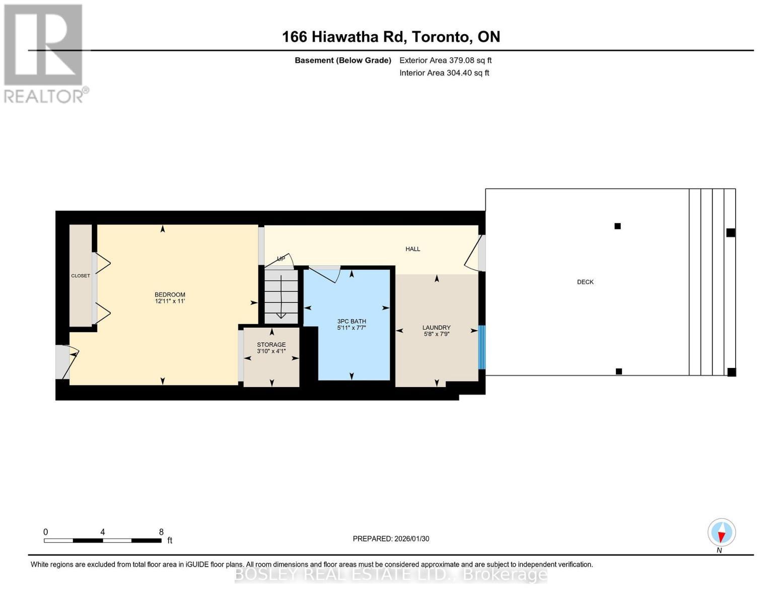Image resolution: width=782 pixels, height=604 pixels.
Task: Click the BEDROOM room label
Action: pos(170,294)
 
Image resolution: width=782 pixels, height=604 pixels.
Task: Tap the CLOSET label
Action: pos(81,276)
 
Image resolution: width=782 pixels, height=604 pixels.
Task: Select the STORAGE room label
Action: pos(271,345)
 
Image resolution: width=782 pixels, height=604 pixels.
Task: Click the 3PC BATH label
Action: pos(351,321)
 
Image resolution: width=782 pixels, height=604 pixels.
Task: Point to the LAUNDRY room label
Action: pos(436,328)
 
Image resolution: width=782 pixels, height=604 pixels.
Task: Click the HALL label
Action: pos(413,249)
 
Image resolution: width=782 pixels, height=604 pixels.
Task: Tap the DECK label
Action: pos(585,282)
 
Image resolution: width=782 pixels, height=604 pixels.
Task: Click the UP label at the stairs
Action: pos(281,259)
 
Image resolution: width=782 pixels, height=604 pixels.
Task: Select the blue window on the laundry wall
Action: pos(481,347)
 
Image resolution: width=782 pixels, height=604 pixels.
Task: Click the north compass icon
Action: pos(722,533)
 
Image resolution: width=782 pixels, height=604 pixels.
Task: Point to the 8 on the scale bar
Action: pos(161,532)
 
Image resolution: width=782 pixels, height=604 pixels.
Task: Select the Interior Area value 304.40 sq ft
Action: pos(468,73)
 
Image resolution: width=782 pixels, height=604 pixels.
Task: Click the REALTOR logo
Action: pos(44,53)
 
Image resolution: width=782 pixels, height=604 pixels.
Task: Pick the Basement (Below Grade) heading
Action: pos(343,60)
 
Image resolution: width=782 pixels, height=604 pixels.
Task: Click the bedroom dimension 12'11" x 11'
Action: pos(170,301)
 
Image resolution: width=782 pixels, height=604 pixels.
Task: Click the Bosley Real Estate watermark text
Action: pos(391,574)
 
